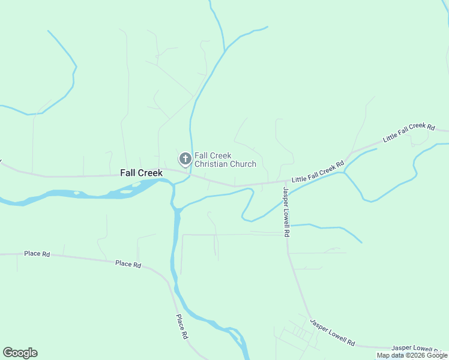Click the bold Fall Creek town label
pos(141,173)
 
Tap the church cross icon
pos(185,159)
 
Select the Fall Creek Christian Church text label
pos(225,160)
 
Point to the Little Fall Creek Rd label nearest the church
pos(318,172)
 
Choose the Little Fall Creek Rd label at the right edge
pos(409,132)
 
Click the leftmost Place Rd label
pos(37,254)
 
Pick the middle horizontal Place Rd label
pos(128,264)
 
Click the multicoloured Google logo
pos(20,353)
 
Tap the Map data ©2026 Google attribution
pos(412,356)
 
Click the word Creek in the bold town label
pos(150,173)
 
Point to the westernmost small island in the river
pos(77,193)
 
